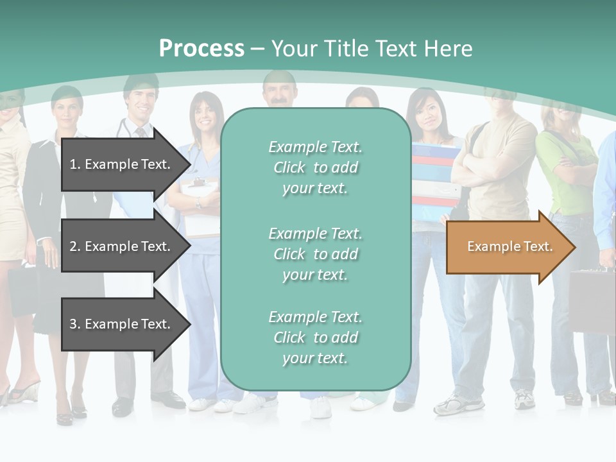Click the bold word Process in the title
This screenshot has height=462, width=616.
tap(201, 49)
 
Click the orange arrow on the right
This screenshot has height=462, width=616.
tap(510, 247)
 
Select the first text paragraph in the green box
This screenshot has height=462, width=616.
tap(315, 167)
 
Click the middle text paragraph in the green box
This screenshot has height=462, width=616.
tap(315, 254)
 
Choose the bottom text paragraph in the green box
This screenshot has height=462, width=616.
tap(315, 338)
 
